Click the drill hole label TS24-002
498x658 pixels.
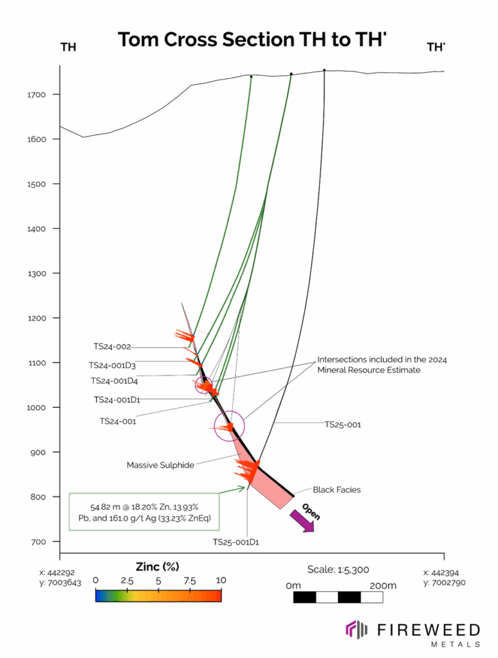(112, 346)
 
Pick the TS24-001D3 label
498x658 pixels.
(113, 365)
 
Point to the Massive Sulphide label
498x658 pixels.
(160, 465)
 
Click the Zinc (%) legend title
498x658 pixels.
(157, 566)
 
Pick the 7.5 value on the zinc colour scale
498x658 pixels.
(190, 580)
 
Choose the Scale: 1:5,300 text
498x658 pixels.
(337, 569)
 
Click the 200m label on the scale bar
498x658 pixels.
(382, 585)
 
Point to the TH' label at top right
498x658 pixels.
(436, 46)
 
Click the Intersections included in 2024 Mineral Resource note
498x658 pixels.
(382, 364)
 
